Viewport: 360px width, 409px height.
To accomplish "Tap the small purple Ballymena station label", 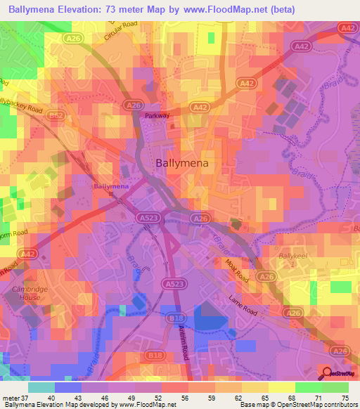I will click(x=111, y=186).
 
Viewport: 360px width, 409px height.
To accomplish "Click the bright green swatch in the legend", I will click(x=335, y=387).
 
